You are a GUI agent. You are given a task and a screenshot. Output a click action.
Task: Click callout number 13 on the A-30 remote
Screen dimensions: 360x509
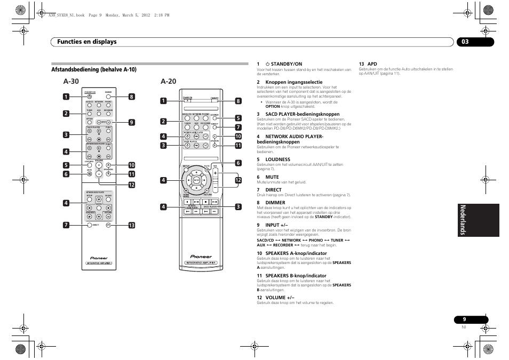131,226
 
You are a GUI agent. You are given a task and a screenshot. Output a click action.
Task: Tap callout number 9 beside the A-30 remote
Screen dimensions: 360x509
131,122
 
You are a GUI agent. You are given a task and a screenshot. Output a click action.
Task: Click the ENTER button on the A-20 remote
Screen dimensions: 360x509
196,181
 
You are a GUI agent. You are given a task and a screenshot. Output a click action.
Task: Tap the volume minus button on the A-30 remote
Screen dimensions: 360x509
99,174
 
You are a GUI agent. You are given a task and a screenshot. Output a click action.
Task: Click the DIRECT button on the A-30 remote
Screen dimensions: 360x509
89,226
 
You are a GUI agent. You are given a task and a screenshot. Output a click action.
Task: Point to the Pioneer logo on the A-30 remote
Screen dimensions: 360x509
99,257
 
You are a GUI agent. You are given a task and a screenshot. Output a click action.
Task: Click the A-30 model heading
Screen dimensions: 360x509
70,82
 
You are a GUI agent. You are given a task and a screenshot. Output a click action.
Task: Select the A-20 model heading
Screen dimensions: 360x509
168,82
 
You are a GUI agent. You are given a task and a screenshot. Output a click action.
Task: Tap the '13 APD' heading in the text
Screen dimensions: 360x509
368,64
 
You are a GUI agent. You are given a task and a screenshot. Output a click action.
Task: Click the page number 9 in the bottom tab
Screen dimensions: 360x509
471,319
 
